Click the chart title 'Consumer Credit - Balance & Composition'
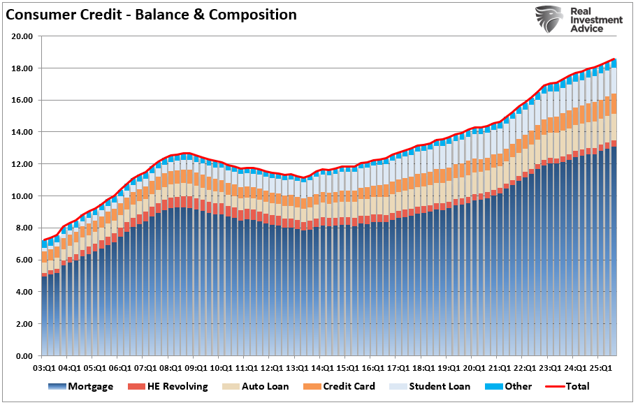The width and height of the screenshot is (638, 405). tap(151, 15)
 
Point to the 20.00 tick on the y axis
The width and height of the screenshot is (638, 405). tap(23, 36)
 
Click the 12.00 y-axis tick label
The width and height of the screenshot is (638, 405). tap(23, 164)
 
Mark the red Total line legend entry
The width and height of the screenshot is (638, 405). tap(569, 386)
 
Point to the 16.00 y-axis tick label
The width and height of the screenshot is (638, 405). tap(23, 100)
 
